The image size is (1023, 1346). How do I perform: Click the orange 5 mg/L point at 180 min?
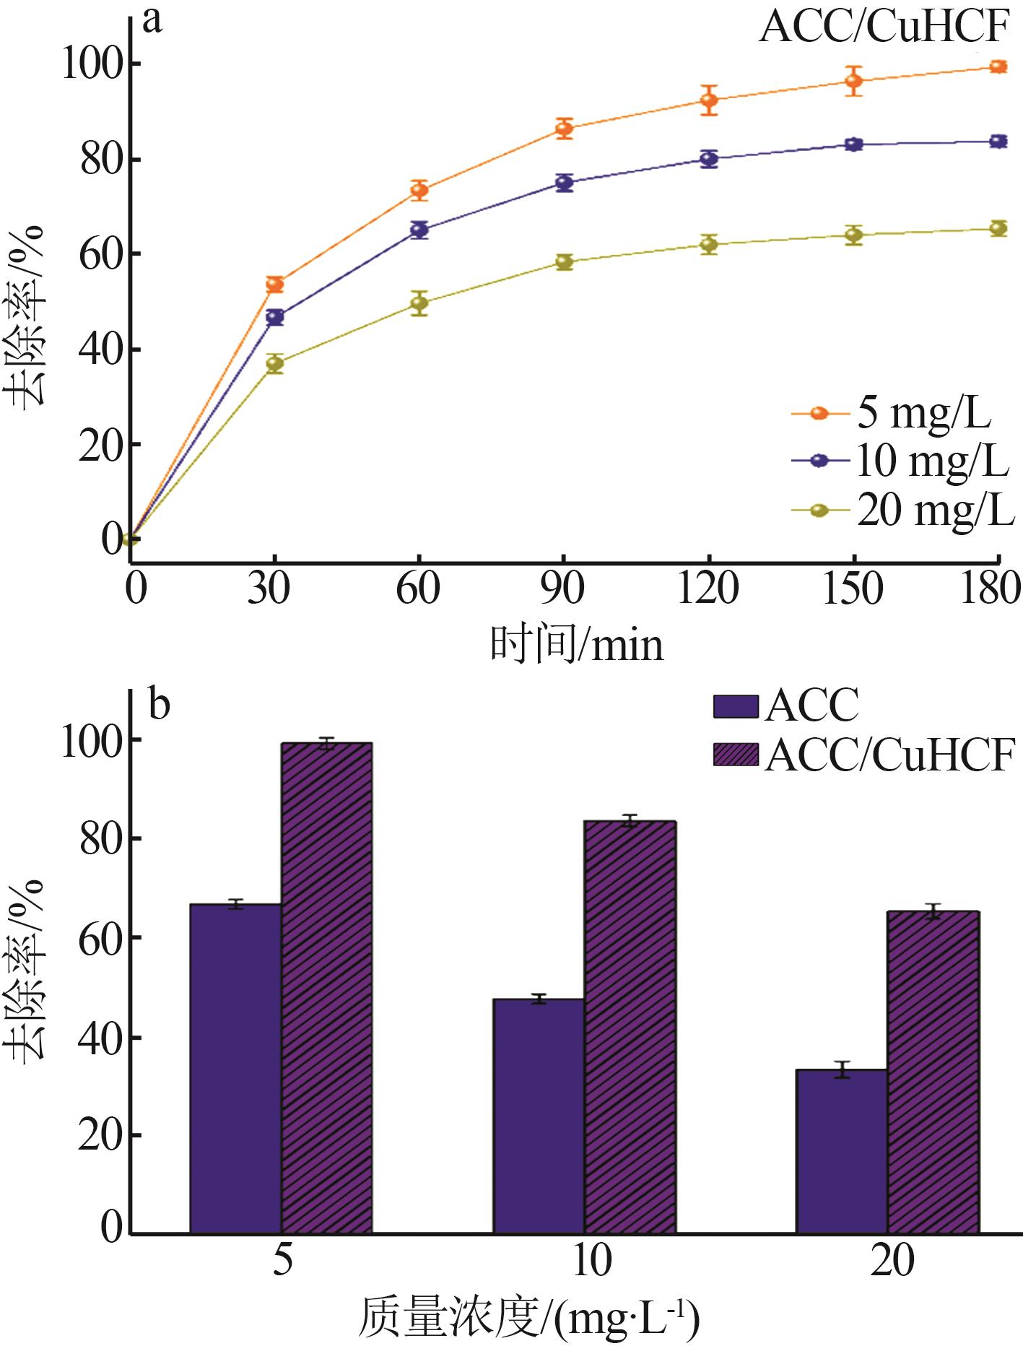(998, 67)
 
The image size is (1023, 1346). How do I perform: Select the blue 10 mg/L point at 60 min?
(419, 230)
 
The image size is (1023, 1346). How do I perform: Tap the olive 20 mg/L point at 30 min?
(274, 364)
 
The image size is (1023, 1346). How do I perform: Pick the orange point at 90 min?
(564, 129)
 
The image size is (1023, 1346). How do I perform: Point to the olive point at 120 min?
(709, 244)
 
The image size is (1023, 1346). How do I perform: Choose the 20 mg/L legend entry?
(902, 511)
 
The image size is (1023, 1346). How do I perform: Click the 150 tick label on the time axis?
(853, 589)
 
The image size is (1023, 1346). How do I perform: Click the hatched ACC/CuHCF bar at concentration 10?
(630, 1026)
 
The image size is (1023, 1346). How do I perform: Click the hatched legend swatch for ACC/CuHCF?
(735, 755)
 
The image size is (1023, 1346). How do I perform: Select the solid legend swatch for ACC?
(735, 707)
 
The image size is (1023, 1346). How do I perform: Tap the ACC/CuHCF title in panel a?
(884, 29)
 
